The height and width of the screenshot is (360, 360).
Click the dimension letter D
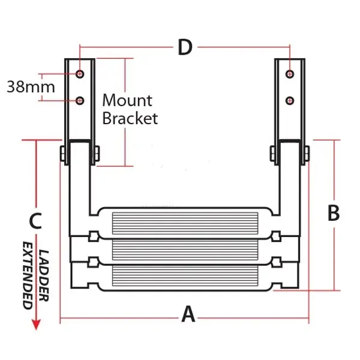[185, 47]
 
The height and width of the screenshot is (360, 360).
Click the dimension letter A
[188, 314]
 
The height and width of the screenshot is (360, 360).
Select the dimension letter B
[334, 213]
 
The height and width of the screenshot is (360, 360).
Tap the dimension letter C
[35, 221]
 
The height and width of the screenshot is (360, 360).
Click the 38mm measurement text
[31, 87]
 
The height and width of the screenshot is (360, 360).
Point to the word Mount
[127, 100]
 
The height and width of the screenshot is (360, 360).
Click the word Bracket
[130, 118]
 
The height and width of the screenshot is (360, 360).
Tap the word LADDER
[43, 275]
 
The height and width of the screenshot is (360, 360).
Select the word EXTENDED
[28, 275]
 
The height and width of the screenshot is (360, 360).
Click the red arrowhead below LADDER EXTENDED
[36, 324]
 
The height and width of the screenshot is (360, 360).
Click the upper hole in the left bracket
[80, 74]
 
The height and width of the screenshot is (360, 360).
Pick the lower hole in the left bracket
[80, 101]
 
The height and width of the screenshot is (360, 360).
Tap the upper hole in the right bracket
[290, 74]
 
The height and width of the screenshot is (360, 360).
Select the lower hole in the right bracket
[290, 101]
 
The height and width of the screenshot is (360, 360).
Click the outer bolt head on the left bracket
[62, 154]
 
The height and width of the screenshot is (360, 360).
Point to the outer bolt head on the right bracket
[307, 154]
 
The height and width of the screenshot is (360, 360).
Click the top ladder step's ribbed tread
[185, 223]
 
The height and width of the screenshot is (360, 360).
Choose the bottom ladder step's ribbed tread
[185, 275]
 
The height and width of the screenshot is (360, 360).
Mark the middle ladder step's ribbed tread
[185, 250]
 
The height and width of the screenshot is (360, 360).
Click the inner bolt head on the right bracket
[272, 154]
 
